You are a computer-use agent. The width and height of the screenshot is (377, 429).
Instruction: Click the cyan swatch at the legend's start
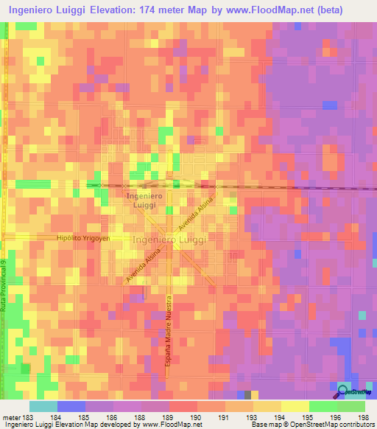tap(43, 406)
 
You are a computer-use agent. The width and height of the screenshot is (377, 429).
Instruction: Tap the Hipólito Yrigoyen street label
tap(83, 239)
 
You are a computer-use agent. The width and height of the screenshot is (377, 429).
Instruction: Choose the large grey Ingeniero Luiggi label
tap(169, 240)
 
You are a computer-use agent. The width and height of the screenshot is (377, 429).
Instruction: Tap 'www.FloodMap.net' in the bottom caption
tap(167, 425)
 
